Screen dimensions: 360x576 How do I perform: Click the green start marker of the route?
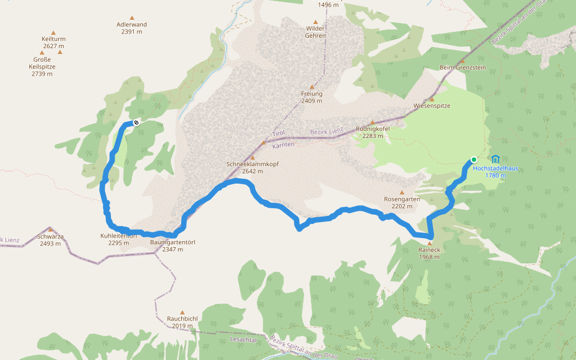pos(474,160)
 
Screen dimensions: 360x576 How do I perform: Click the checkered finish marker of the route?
pos(136,123)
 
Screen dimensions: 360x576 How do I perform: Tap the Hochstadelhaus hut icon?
pos(495,159)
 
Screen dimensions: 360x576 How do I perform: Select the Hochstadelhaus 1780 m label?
pos(495,172)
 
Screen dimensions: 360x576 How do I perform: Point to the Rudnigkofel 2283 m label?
pos(373,132)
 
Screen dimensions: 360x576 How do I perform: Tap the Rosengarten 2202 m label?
pos(401,203)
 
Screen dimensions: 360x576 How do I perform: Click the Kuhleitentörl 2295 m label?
pos(118,239)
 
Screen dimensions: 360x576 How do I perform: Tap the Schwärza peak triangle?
pos(51,229)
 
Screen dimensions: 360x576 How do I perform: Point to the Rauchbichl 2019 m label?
pos(182,323)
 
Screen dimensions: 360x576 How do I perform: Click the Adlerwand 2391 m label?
pos(132,28)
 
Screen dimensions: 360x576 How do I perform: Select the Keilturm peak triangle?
pos(53,33)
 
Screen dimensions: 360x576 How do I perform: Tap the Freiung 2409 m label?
pos(312,97)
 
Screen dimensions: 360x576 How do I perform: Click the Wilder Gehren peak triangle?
pos(316,22)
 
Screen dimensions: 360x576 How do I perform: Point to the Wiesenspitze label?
pos(432,106)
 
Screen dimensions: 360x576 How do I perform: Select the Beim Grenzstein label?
pos(463,68)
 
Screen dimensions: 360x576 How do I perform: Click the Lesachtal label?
pos(243,339)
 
